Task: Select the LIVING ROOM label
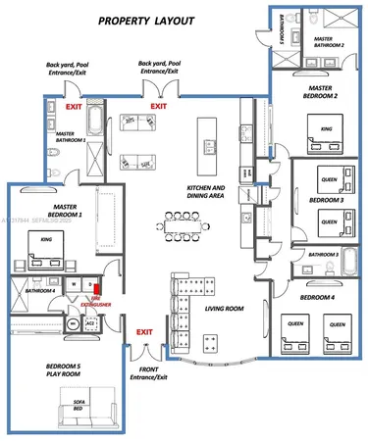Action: point(224,310)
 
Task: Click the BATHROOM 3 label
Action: point(323,255)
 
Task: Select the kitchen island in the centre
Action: point(207,137)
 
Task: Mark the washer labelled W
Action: point(75,284)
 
